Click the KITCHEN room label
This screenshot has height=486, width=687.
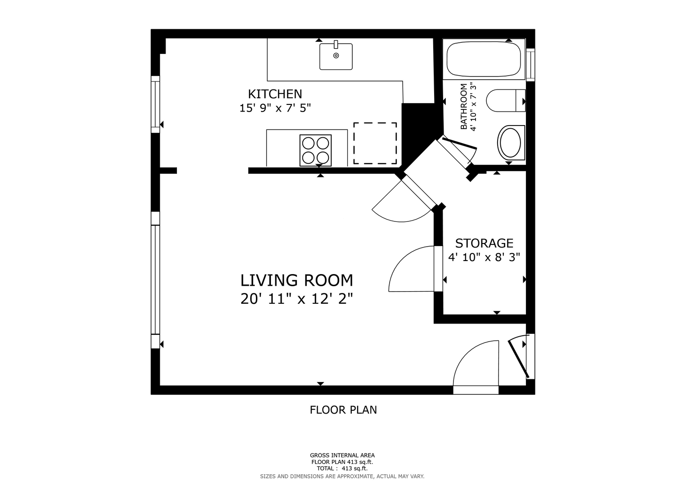point(275,94)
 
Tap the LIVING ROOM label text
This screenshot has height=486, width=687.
point(296,280)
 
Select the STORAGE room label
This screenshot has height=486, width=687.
point(484,243)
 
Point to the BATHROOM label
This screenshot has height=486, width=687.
point(464,107)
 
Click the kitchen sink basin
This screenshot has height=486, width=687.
point(336,56)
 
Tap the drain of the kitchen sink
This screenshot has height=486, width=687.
point(336,55)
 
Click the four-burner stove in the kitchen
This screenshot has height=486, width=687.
point(315,150)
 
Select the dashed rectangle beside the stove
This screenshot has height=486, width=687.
point(375,143)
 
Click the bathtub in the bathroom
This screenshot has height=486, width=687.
point(484,59)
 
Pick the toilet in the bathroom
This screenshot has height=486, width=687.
point(505,101)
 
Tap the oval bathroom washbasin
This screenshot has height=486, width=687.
point(510,143)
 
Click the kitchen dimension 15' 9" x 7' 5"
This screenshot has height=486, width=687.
point(275,108)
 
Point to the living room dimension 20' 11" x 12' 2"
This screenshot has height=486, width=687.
point(296,299)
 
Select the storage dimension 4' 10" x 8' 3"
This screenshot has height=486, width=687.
point(484,257)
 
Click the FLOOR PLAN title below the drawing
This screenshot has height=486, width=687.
point(343,410)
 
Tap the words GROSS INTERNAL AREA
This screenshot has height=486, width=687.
point(342,455)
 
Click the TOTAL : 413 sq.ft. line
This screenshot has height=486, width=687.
point(342,468)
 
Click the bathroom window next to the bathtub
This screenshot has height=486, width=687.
point(530,64)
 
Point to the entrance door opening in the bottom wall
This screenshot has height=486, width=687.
point(476,390)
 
